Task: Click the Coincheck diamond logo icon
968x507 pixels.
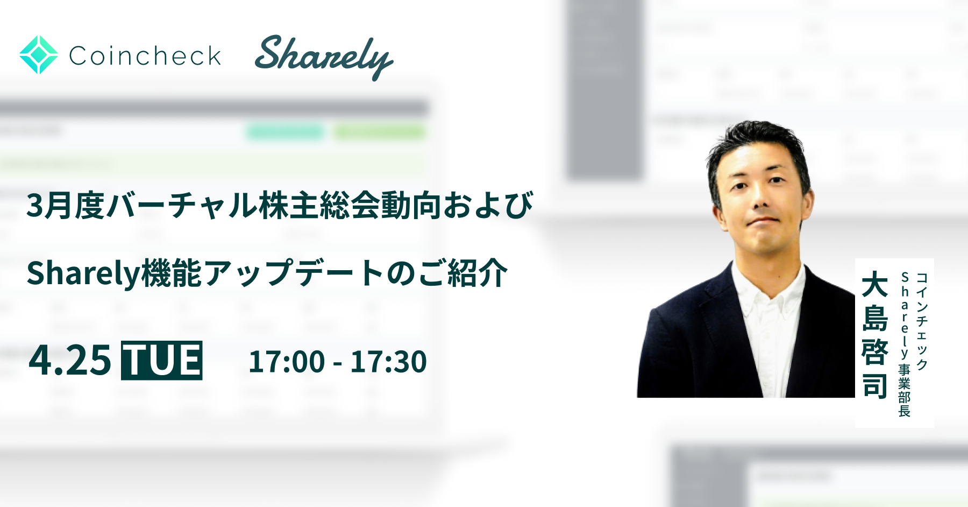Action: [39, 55]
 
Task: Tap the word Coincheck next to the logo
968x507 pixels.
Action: [145, 56]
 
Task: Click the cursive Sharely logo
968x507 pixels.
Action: [323, 57]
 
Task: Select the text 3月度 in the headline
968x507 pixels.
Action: [65, 206]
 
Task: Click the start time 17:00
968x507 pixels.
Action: [287, 362]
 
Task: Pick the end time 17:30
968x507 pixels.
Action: [388, 362]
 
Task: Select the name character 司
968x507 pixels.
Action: [875, 386]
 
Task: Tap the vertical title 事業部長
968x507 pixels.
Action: [905, 390]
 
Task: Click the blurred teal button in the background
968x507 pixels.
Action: [286, 132]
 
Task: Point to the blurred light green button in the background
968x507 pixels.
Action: [379, 132]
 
